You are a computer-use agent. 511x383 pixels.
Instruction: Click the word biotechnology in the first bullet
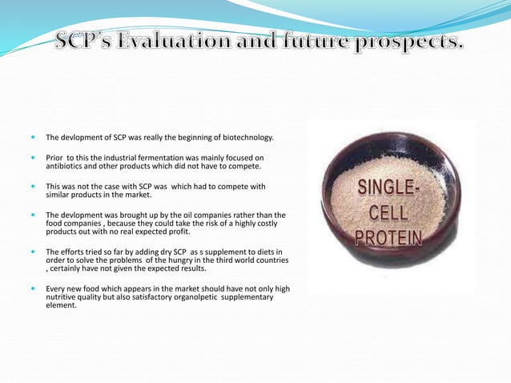(243, 137)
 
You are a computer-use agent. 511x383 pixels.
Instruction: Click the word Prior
(54, 158)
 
